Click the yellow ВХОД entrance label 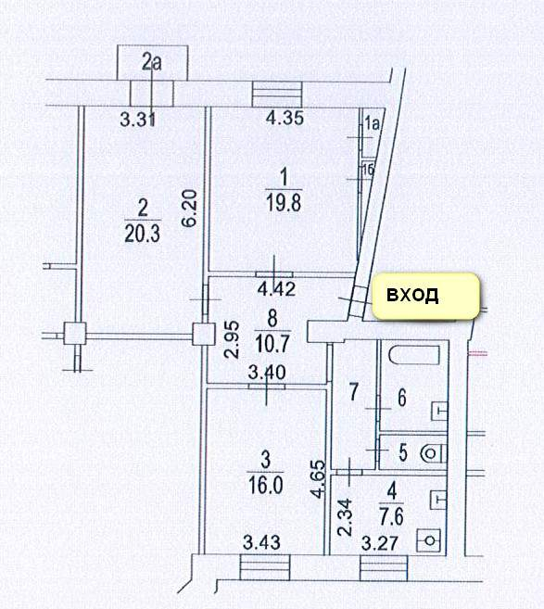coord(426,296)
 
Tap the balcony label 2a coord(151,62)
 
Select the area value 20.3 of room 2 coord(143,235)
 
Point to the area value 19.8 coord(284,203)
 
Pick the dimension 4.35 coord(285,118)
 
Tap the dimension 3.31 coord(138,119)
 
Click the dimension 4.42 coord(276,288)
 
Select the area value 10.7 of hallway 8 coord(273,344)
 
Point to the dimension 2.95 coord(233,339)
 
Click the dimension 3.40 coord(267,373)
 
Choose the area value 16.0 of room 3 coord(266,485)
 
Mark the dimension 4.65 coord(318,478)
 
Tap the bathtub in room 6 coord(414,354)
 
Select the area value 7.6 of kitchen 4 coord(392,516)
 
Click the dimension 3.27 coord(380,544)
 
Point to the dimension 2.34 coord(345,518)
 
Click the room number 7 coord(353,391)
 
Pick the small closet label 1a coord(372,123)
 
